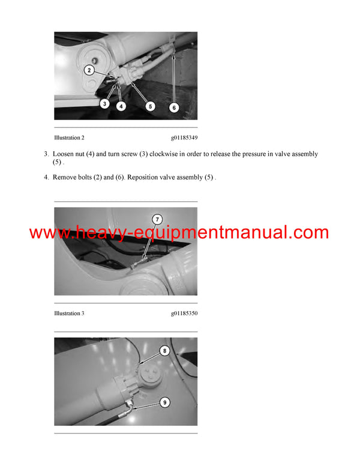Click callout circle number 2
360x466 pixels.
(x=89, y=70)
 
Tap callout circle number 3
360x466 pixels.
(x=104, y=103)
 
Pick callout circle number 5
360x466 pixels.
(x=150, y=106)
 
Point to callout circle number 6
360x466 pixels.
(x=173, y=107)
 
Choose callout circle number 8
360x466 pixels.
(x=165, y=351)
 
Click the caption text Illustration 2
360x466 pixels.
(x=69, y=138)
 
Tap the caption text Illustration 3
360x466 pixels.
(x=69, y=313)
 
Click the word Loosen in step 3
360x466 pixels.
(x=65, y=154)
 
